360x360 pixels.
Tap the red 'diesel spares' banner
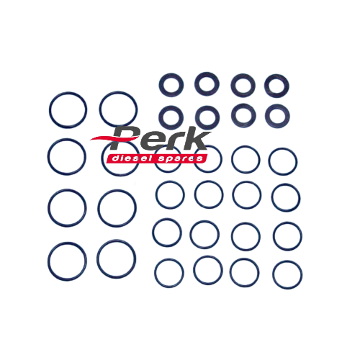click(x=157, y=158)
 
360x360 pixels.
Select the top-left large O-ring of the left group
click(x=69, y=109)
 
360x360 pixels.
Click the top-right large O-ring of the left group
click(x=119, y=108)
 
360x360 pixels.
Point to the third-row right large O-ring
click(x=117, y=207)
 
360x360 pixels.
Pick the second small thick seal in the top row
click(x=206, y=84)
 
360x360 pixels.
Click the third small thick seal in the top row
click(x=241, y=86)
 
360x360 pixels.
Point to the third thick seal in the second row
click(x=241, y=115)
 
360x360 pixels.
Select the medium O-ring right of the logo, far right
click(x=282, y=161)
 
